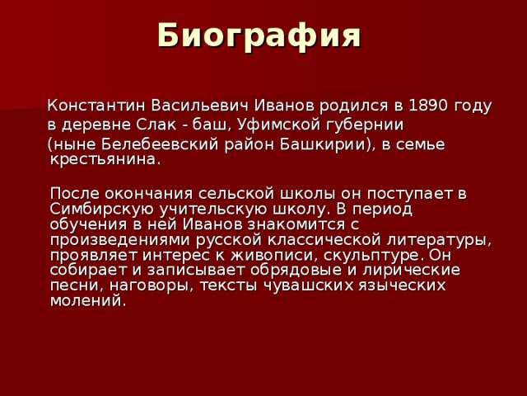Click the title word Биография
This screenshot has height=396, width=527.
(x=259, y=36)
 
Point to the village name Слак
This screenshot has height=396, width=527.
(x=153, y=125)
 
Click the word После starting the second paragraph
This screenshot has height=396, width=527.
(x=74, y=194)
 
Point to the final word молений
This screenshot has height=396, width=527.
(x=88, y=299)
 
